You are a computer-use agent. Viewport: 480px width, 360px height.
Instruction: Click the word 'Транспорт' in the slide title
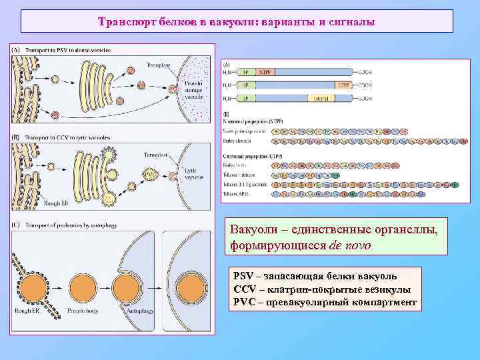click(x=124, y=22)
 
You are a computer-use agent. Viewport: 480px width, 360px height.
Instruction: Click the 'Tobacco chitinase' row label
click(x=237, y=172)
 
